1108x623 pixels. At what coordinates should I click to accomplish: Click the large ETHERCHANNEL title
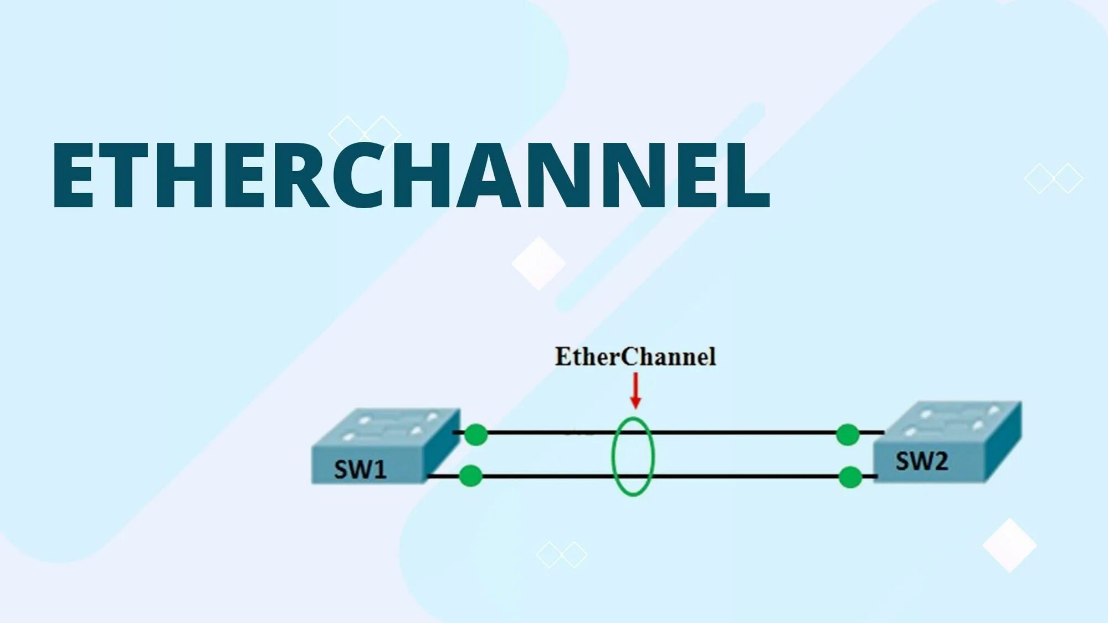pyautogui.click(x=410, y=175)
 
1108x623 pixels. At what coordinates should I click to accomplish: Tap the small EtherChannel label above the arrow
pyautogui.click(x=635, y=357)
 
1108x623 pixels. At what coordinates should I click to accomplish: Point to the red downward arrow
pyautogui.click(x=635, y=391)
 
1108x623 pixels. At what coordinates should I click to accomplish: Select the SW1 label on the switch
pyautogui.click(x=360, y=470)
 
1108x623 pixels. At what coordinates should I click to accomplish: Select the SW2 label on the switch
pyautogui.click(x=921, y=461)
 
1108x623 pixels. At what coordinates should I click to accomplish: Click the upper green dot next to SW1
pyautogui.click(x=475, y=435)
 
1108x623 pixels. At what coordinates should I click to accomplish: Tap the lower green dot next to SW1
pyautogui.click(x=470, y=476)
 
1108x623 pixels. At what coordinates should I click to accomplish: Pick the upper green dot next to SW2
pyautogui.click(x=847, y=435)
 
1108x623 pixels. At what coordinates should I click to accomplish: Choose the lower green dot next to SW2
pyautogui.click(x=850, y=477)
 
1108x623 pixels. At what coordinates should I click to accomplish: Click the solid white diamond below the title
pyautogui.click(x=538, y=264)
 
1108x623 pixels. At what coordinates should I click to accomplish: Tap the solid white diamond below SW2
pyautogui.click(x=1009, y=545)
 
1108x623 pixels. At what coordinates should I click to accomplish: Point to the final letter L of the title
pyautogui.click(x=748, y=175)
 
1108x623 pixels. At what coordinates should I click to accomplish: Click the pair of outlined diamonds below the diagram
pyautogui.click(x=561, y=554)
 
